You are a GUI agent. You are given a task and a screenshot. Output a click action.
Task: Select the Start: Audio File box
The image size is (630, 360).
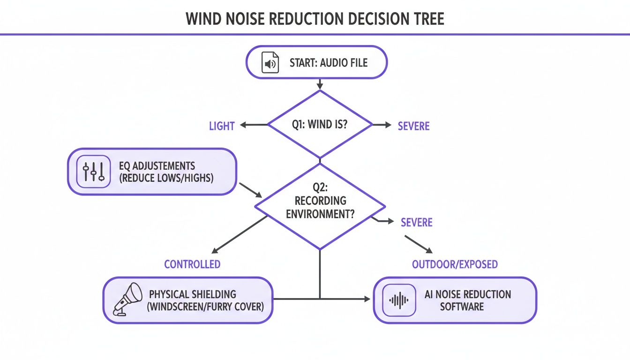(317, 63)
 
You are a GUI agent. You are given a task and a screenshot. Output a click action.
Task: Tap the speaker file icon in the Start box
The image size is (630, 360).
(270, 63)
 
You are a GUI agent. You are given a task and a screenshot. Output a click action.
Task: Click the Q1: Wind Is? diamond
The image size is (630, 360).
(320, 125)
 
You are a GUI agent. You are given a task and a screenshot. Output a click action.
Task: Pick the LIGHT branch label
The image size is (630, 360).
(222, 126)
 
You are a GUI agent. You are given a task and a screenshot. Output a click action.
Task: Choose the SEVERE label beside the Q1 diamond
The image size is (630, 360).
(413, 126)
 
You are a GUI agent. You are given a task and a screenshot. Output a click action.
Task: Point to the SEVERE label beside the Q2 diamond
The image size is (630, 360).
(417, 222)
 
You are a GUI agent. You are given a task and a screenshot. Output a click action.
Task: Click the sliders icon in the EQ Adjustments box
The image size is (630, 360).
(93, 172)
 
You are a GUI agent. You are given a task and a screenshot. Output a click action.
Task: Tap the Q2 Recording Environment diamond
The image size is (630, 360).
(320, 206)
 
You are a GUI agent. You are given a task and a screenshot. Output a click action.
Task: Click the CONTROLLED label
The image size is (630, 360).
(192, 264)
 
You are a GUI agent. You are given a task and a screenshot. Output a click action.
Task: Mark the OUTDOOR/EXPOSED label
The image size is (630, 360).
(455, 264)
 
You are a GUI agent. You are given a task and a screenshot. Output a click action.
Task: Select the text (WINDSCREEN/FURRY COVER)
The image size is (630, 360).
(206, 307)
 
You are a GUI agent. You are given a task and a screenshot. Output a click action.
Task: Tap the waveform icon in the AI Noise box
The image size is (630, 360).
(399, 300)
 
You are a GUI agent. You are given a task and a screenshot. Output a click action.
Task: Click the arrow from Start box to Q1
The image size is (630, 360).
(320, 84)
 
